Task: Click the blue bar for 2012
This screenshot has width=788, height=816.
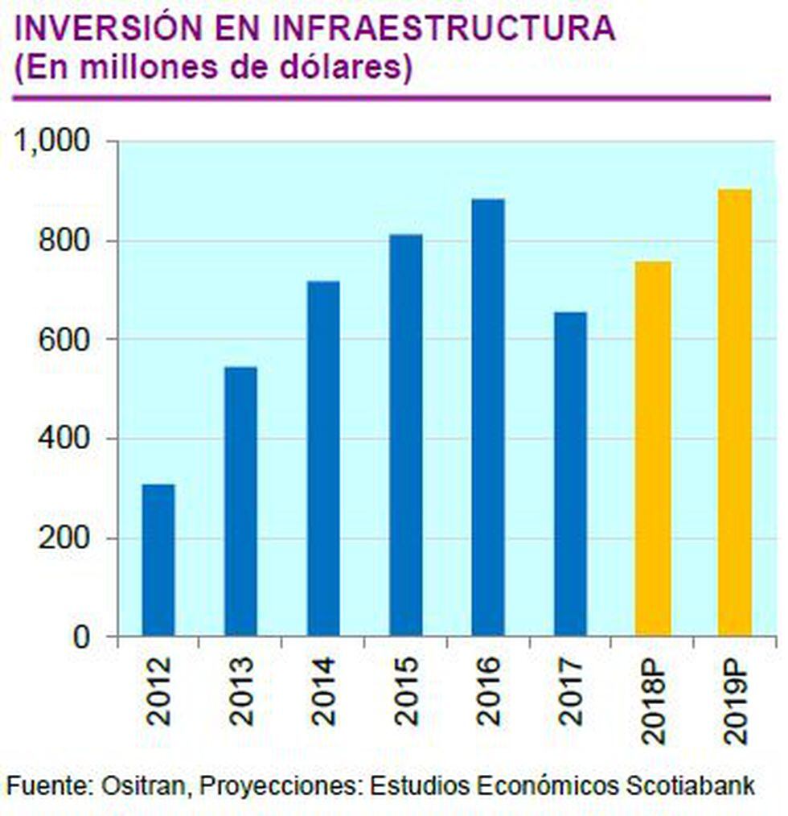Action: [x=158, y=560]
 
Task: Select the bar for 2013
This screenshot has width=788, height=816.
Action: [x=240, y=501]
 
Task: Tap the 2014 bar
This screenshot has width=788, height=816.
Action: [x=323, y=459]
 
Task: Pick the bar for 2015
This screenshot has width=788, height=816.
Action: [x=406, y=435]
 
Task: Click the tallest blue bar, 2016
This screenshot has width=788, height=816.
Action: [x=488, y=418]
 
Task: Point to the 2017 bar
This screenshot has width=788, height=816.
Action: [x=570, y=474]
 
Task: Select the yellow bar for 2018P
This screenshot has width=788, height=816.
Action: [x=653, y=448]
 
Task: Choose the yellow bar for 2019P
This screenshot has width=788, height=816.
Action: [x=735, y=413]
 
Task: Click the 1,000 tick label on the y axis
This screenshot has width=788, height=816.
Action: [x=51, y=142]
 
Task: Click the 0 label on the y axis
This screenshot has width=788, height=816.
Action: [x=83, y=637]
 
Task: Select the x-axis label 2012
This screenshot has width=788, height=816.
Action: [x=159, y=691]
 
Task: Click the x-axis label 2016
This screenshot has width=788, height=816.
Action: [x=488, y=691]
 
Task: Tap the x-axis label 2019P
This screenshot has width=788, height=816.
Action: [x=736, y=699]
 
